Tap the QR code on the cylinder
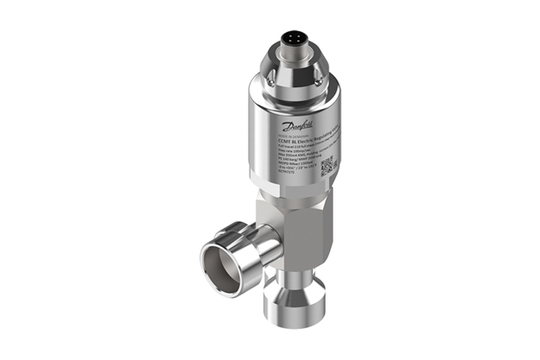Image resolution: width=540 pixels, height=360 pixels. [x=325, y=164]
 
